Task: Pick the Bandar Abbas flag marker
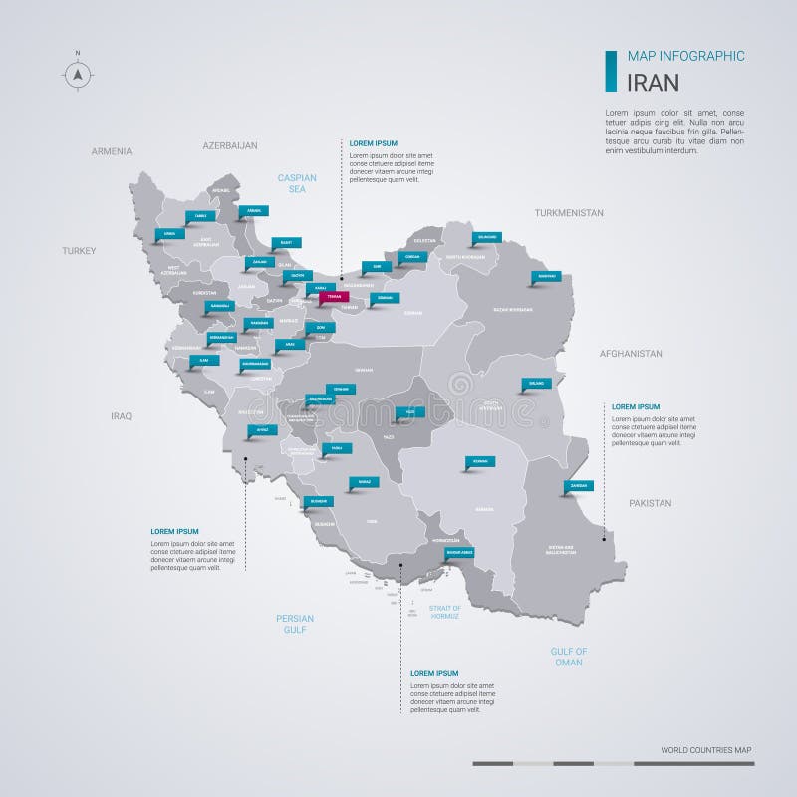click(x=460, y=552)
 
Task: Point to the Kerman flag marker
click(x=480, y=461)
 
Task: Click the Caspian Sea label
click(x=297, y=183)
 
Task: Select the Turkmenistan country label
click(x=569, y=213)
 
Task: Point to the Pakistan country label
click(x=650, y=504)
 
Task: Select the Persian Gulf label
click(x=295, y=624)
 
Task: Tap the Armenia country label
click(x=111, y=151)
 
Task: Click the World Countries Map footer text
click(x=705, y=749)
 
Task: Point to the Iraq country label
click(x=122, y=416)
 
